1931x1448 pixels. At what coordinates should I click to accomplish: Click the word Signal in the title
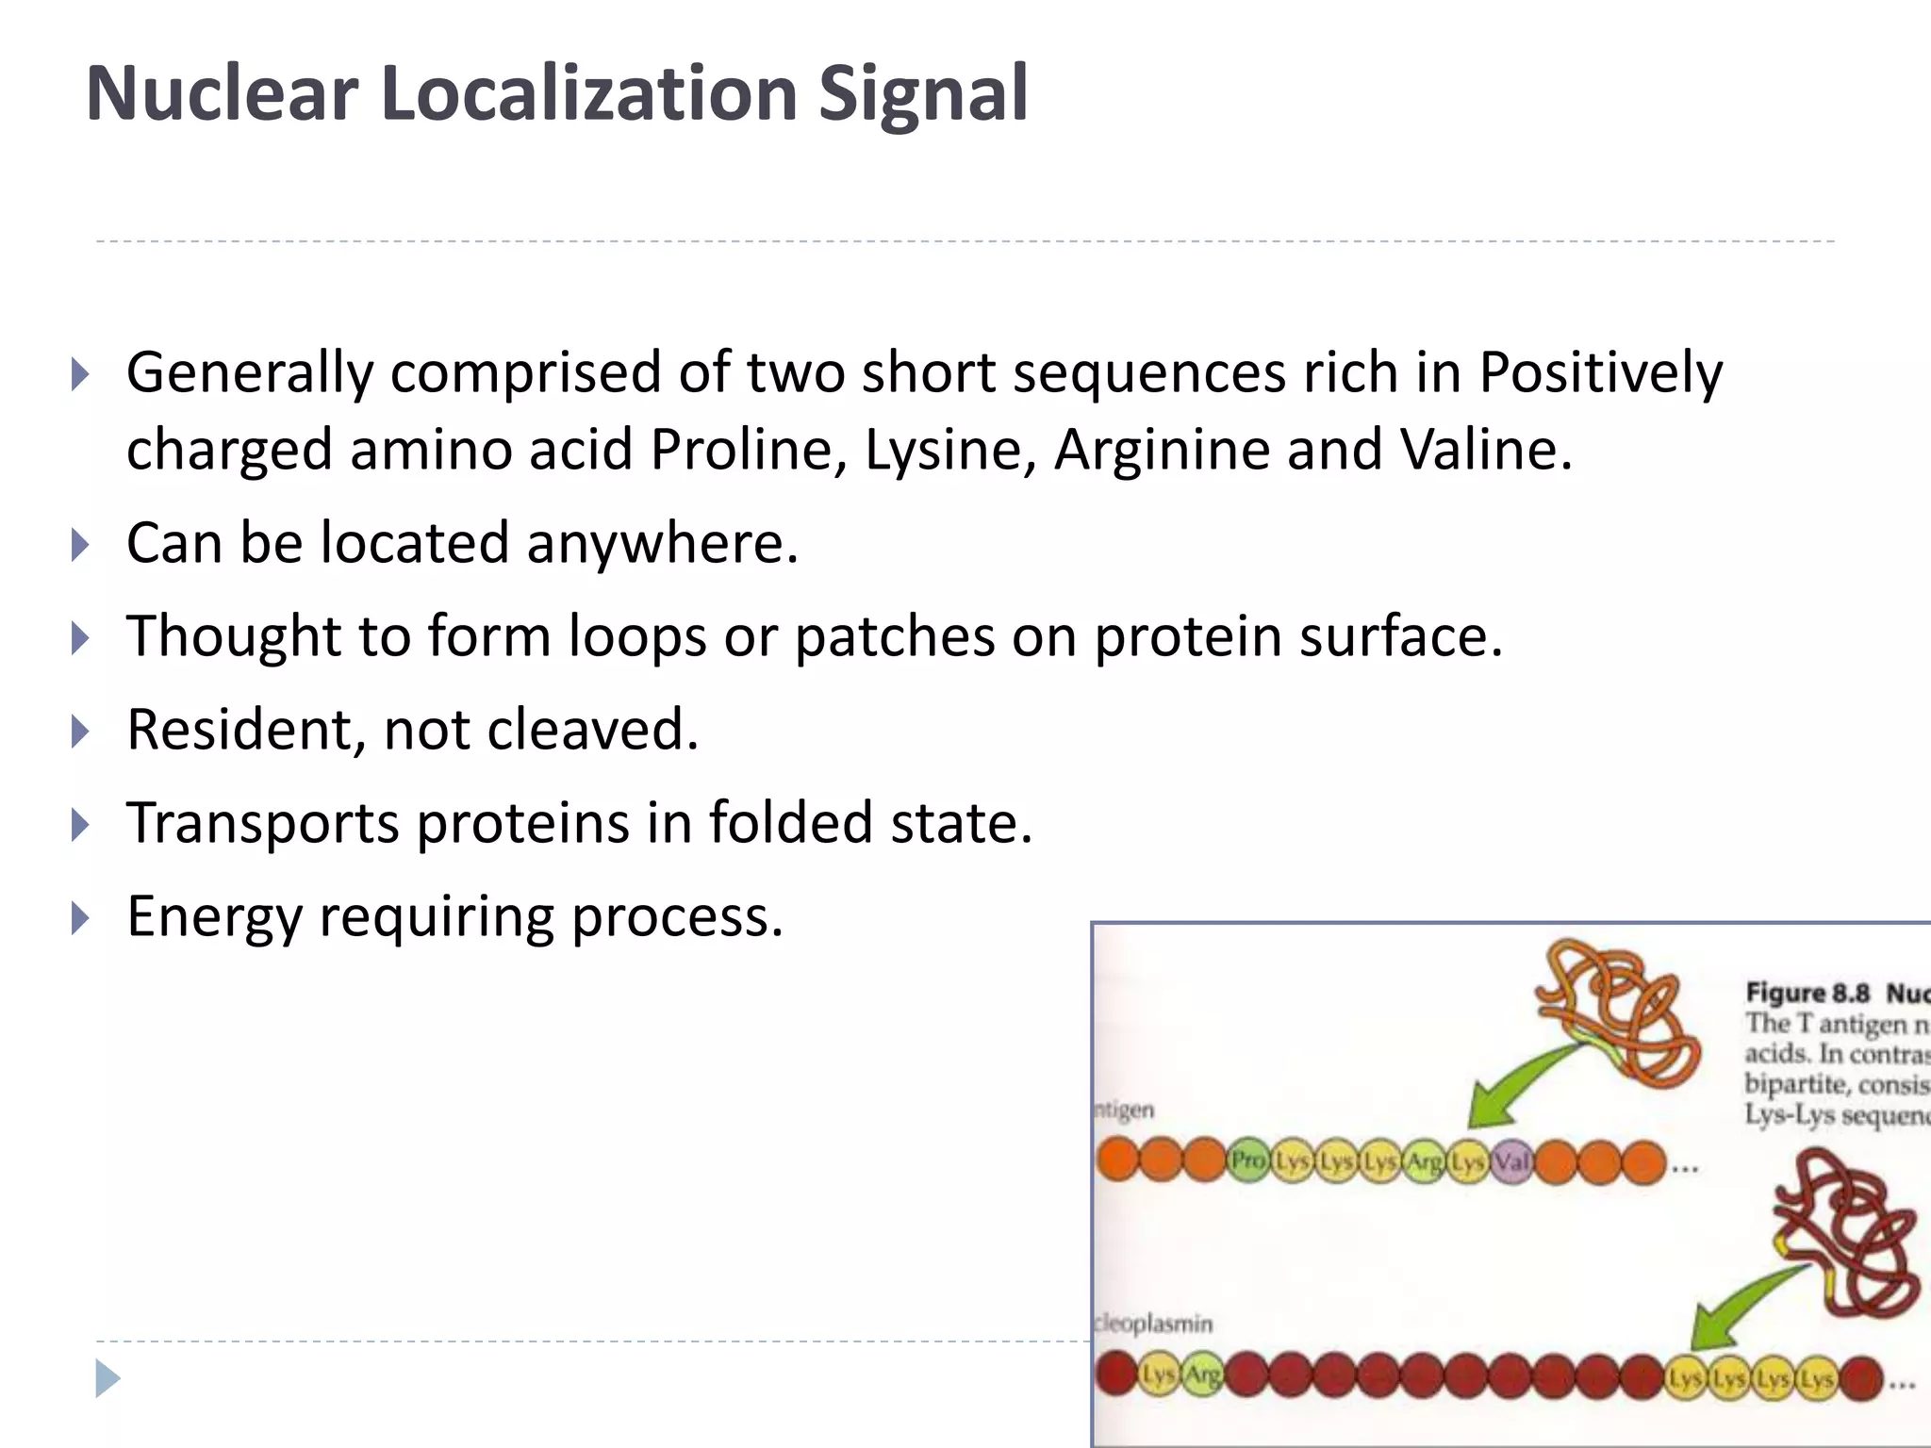pos(922,94)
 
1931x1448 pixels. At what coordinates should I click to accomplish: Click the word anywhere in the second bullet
pos(662,544)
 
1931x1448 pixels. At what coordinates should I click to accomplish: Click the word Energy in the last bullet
pos(214,916)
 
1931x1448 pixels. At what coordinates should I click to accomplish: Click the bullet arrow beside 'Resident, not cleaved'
pos(80,732)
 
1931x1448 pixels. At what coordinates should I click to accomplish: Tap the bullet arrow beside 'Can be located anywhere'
pos(80,545)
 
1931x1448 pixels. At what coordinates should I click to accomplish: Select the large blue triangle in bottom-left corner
pos(107,1378)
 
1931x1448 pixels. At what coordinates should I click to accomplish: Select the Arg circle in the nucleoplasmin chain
pos(1203,1376)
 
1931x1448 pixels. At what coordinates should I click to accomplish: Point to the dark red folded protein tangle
pos(1843,1235)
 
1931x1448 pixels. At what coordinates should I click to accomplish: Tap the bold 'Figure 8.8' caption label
pos(1807,993)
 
